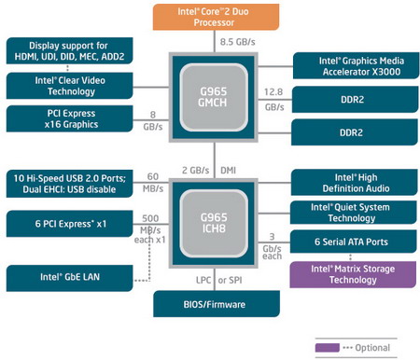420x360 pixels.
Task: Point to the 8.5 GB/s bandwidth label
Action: (x=237, y=43)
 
